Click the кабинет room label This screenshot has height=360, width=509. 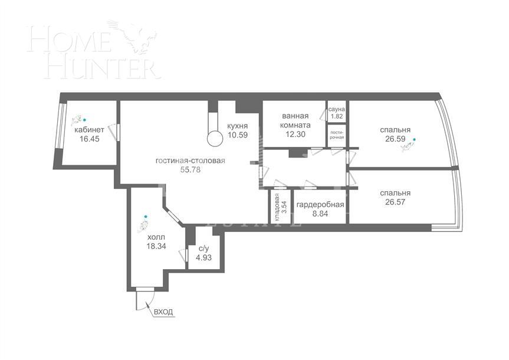pyautogui.click(x=90, y=130)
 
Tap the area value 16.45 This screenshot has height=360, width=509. pyautogui.click(x=90, y=139)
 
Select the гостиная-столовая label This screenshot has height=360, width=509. pyautogui.click(x=191, y=161)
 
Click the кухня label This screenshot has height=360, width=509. pyautogui.click(x=237, y=126)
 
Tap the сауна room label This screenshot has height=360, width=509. pyautogui.click(x=337, y=110)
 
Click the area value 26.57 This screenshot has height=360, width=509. pyautogui.click(x=395, y=202)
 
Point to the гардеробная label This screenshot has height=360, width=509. pyautogui.click(x=320, y=205)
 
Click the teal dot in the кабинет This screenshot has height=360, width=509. pyautogui.click(x=84, y=118)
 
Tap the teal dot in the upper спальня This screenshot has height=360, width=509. pyautogui.click(x=414, y=140)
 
